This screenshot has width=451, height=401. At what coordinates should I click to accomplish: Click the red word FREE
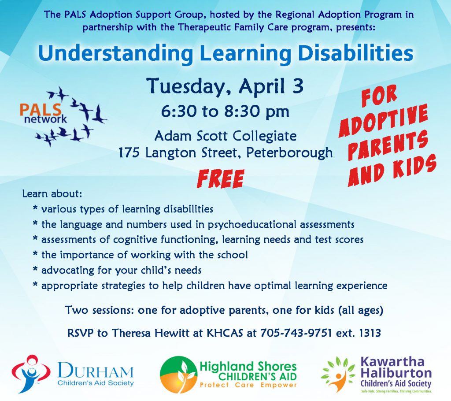click(220, 178)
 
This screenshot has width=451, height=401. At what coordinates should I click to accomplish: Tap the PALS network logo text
click(43, 114)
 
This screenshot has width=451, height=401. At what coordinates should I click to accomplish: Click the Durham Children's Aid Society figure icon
click(31, 374)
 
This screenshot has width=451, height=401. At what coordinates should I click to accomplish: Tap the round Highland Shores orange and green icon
click(178, 375)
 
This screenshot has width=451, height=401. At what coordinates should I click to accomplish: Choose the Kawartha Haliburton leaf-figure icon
click(338, 374)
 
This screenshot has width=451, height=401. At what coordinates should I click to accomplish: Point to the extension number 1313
click(369, 333)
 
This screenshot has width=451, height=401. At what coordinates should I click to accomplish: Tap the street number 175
click(130, 153)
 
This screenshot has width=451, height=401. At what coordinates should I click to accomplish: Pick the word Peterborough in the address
click(290, 153)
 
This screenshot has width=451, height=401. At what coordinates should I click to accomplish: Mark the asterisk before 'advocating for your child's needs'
click(35, 270)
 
